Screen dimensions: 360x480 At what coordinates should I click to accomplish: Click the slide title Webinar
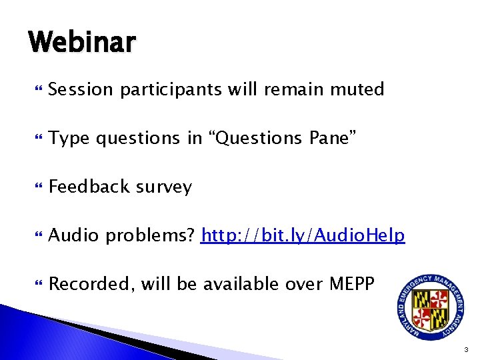click(82, 43)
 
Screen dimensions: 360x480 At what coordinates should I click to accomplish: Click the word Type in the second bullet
click(69, 138)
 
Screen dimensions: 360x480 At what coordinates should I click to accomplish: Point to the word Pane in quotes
click(333, 138)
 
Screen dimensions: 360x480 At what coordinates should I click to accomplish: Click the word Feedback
click(89, 187)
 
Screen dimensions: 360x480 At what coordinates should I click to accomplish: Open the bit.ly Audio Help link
click(303, 235)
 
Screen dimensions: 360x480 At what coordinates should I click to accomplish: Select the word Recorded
click(90, 284)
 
